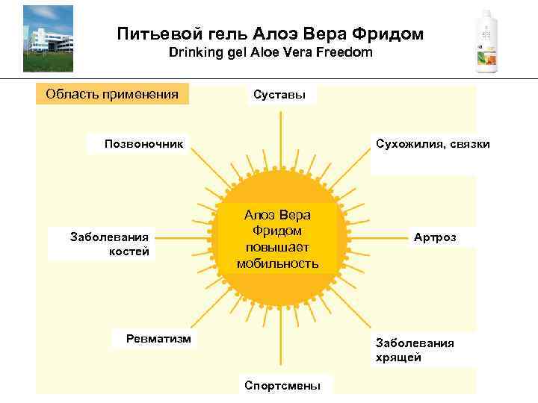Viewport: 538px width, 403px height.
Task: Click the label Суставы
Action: click(x=279, y=96)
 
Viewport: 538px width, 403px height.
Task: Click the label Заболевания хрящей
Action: click(x=415, y=350)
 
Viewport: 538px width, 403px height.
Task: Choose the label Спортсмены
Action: click(x=282, y=385)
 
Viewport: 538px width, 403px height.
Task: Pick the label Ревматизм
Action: click(x=158, y=338)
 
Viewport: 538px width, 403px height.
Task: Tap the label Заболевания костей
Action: click(x=110, y=244)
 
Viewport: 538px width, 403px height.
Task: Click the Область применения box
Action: click(x=112, y=94)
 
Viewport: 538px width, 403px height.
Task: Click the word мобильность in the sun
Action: click(x=278, y=263)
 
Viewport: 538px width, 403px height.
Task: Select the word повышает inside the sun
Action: click(x=278, y=247)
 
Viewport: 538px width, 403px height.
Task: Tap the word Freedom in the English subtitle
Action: click(x=338, y=53)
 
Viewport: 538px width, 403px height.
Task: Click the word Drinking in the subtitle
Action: click(x=191, y=53)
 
